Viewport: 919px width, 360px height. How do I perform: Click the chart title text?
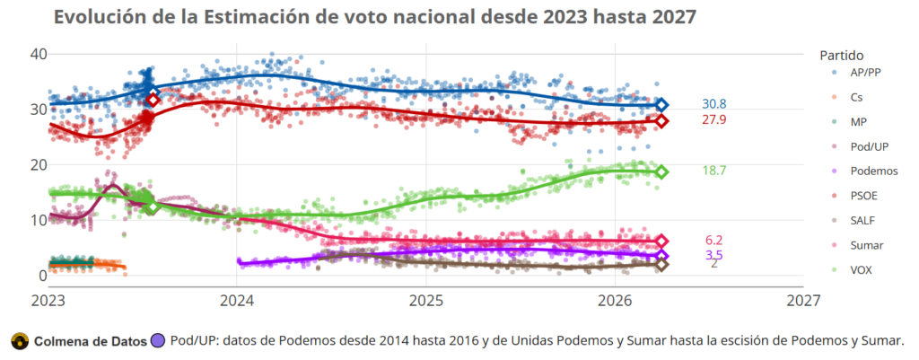[374, 17]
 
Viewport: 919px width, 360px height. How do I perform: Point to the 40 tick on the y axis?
[38, 54]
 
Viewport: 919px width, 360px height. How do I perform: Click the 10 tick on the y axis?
[38, 220]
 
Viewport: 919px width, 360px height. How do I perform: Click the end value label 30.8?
[714, 104]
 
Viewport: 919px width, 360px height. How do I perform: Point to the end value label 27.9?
[714, 120]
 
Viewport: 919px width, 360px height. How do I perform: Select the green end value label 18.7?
[714, 171]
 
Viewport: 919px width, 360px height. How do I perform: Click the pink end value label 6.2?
[714, 240]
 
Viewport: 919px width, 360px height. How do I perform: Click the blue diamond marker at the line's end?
[661, 105]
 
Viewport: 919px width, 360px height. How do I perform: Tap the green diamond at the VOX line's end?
[661, 171]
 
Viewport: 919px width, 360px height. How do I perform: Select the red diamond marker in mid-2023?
[153, 100]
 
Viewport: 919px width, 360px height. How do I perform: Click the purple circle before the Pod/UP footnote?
[159, 340]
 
